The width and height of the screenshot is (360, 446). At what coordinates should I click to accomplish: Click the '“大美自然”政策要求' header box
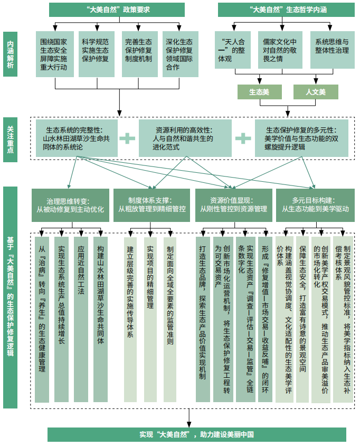117,10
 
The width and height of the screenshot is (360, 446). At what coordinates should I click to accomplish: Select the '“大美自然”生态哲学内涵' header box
286,10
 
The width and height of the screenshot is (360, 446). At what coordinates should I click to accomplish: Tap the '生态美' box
259,92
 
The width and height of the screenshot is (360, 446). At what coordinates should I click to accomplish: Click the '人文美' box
316,92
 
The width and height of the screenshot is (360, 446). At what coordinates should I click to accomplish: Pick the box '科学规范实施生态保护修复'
96,54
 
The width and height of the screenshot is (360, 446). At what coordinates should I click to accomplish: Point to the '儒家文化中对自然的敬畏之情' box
280,50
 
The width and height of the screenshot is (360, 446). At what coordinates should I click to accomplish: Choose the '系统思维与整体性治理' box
332,50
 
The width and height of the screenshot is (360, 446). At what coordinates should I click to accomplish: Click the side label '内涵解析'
10,54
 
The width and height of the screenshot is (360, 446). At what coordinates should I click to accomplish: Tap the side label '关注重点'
10,140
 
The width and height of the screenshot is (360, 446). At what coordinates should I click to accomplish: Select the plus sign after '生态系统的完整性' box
127,138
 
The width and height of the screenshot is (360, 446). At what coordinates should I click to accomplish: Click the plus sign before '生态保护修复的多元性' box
243,138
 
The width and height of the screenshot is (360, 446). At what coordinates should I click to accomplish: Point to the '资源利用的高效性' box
185,138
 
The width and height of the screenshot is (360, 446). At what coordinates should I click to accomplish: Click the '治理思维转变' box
70,205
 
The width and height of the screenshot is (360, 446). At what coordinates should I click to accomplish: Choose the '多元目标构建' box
315,205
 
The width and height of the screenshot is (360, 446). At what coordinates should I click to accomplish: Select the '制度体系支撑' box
151,205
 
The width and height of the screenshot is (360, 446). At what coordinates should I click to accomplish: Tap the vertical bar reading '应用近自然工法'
81,319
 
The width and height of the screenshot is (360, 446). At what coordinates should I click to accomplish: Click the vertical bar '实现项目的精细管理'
150,319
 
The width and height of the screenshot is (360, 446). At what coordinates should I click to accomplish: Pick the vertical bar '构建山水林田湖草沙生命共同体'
101,319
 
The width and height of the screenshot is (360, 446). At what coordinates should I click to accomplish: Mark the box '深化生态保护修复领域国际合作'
180,54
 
